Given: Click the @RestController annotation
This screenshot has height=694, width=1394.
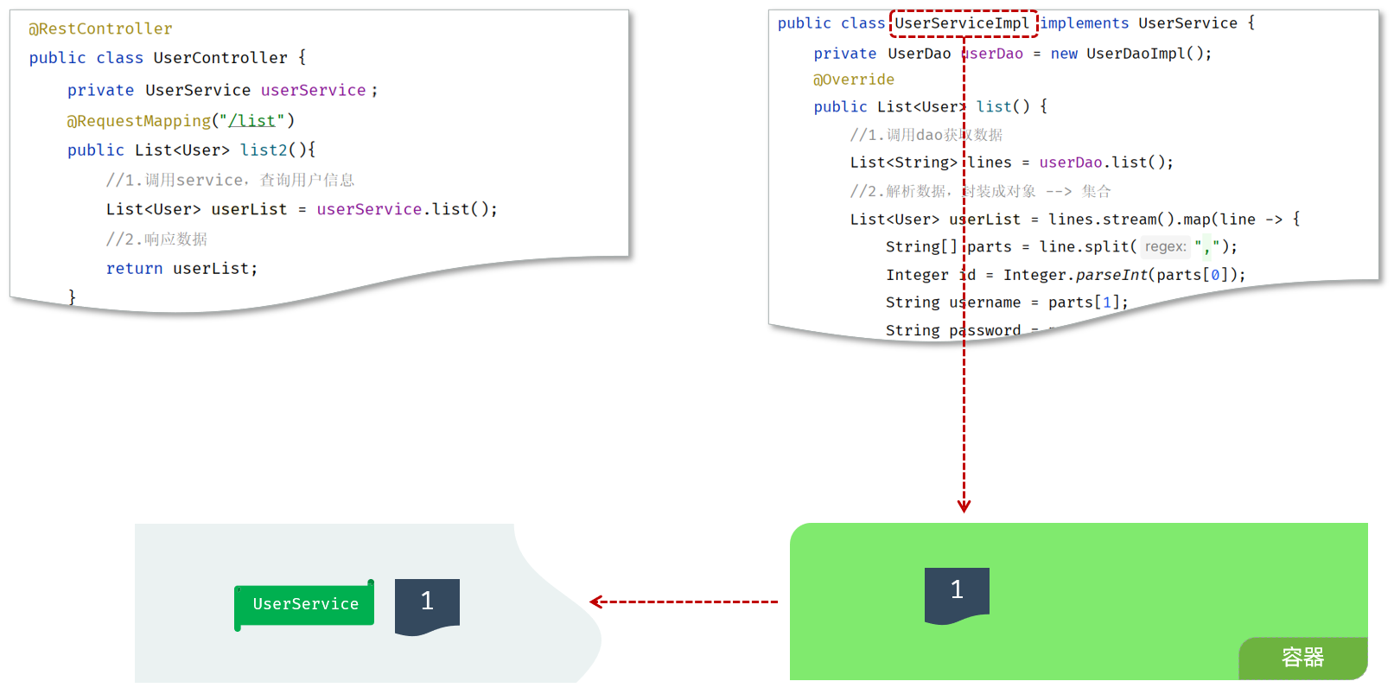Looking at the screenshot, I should [100, 29].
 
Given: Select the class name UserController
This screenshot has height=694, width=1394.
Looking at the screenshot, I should [220, 58].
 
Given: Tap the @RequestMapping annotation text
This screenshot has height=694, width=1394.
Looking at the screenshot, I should [138, 121].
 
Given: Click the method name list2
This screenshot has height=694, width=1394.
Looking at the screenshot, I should [264, 150].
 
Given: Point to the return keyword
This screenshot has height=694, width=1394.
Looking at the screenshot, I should [134, 269].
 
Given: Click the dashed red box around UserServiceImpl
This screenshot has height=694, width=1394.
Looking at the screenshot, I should [963, 23].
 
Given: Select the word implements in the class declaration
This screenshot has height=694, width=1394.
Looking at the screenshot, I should [1084, 23].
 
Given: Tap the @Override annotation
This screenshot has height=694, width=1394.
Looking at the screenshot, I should [854, 80].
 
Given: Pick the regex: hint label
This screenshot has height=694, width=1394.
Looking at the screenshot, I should [1165, 247].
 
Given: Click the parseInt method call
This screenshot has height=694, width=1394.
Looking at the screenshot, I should [1111, 275].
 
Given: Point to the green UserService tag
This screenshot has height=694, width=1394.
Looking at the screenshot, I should [305, 604].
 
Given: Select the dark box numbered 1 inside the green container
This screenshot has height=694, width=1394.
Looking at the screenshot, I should [957, 592].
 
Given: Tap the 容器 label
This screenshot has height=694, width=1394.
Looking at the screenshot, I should [1302, 658].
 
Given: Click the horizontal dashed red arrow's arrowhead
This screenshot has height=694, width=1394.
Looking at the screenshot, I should [595, 602].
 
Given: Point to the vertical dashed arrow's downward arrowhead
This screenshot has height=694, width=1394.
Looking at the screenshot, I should [964, 506].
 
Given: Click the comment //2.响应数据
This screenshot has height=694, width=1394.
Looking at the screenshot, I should [156, 239].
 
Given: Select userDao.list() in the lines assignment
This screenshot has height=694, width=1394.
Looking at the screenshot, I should [1105, 162].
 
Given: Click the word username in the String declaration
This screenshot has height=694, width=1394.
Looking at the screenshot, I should [985, 302].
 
